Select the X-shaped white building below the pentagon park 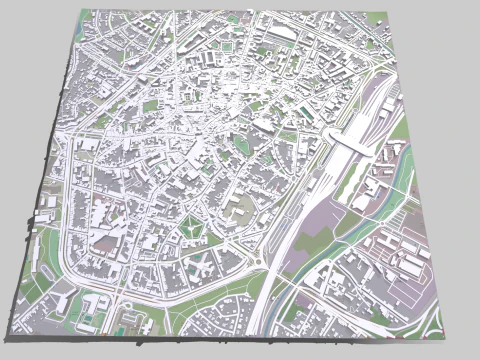[199, 266]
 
